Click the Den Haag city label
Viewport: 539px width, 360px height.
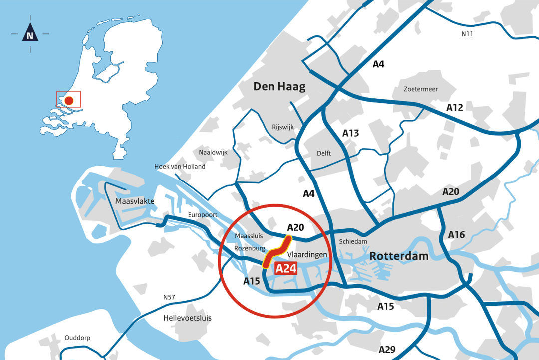click(x=279, y=86)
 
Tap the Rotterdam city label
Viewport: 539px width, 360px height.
click(x=399, y=256)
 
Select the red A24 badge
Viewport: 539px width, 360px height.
click(x=286, y=268)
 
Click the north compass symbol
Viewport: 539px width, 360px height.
click(x=30, y=35)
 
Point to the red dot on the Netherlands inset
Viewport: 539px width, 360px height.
click(x=69, y=101)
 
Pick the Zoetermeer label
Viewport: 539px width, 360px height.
click(x=421, y=89)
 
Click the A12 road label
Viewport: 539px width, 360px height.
click(x=455, y=107)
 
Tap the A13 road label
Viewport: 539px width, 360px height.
click(x=350, y=133)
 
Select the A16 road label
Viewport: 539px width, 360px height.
click(x=456, y=234)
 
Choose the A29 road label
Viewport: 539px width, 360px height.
click(x=387, y=349)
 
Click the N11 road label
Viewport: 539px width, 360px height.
click(x=467, y=34)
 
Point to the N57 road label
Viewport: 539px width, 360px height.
click(x=169, y=298)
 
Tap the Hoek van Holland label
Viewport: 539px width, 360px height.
click(x=180, y=166)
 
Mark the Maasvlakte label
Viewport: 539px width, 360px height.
click(x=135, y=201)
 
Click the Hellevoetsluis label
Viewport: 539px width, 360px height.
click(x=188, y=318)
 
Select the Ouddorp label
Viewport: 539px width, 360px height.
click(x=77, y=338)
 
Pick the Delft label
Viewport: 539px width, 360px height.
click(x=324, y=153)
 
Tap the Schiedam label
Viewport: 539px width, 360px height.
click(x=353, y=241)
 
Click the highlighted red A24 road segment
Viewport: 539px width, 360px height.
click(x=277, y=252)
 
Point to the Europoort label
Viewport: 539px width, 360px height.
click(x=203, y=215)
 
